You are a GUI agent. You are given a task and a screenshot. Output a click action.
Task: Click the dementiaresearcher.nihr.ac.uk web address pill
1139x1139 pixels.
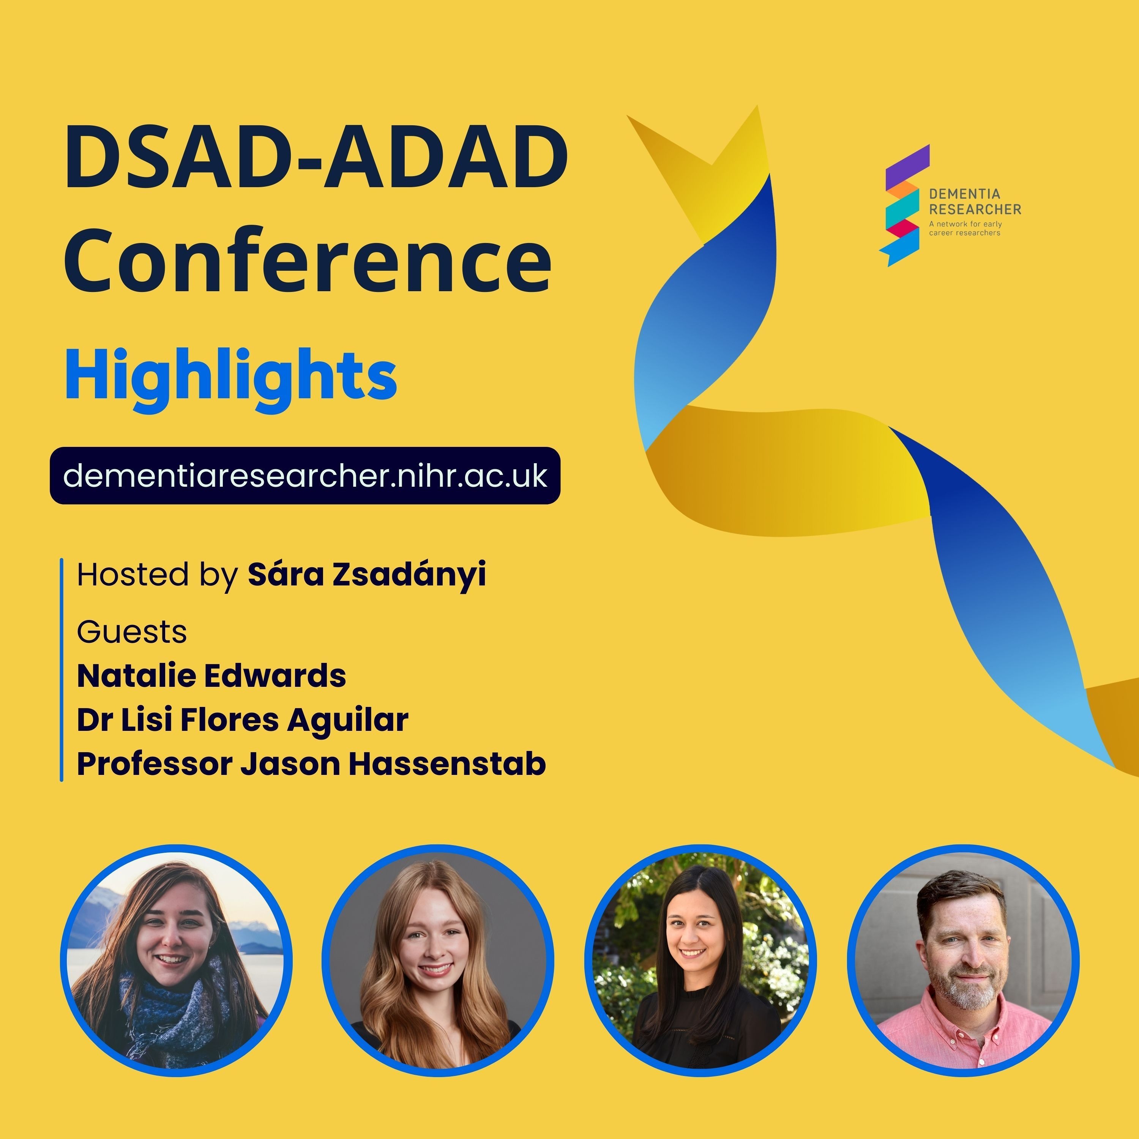coord(305,476)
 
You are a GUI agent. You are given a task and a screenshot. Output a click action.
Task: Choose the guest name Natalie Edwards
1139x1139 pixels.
coord(211,676)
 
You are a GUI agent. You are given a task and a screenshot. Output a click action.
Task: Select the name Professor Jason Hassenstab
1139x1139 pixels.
coord(311,764)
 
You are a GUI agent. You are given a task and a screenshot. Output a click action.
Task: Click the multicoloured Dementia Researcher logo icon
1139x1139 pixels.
coord(903,205)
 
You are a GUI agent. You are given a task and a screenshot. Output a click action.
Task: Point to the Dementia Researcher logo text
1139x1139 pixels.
coord(975,202)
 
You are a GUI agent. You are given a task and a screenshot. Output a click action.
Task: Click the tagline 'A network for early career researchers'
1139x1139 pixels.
coord(965,228)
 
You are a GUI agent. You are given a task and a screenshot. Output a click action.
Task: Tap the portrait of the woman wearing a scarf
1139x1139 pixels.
coord(176,961)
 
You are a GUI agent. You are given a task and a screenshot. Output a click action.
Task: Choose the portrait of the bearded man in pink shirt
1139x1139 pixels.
coord(963,961)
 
